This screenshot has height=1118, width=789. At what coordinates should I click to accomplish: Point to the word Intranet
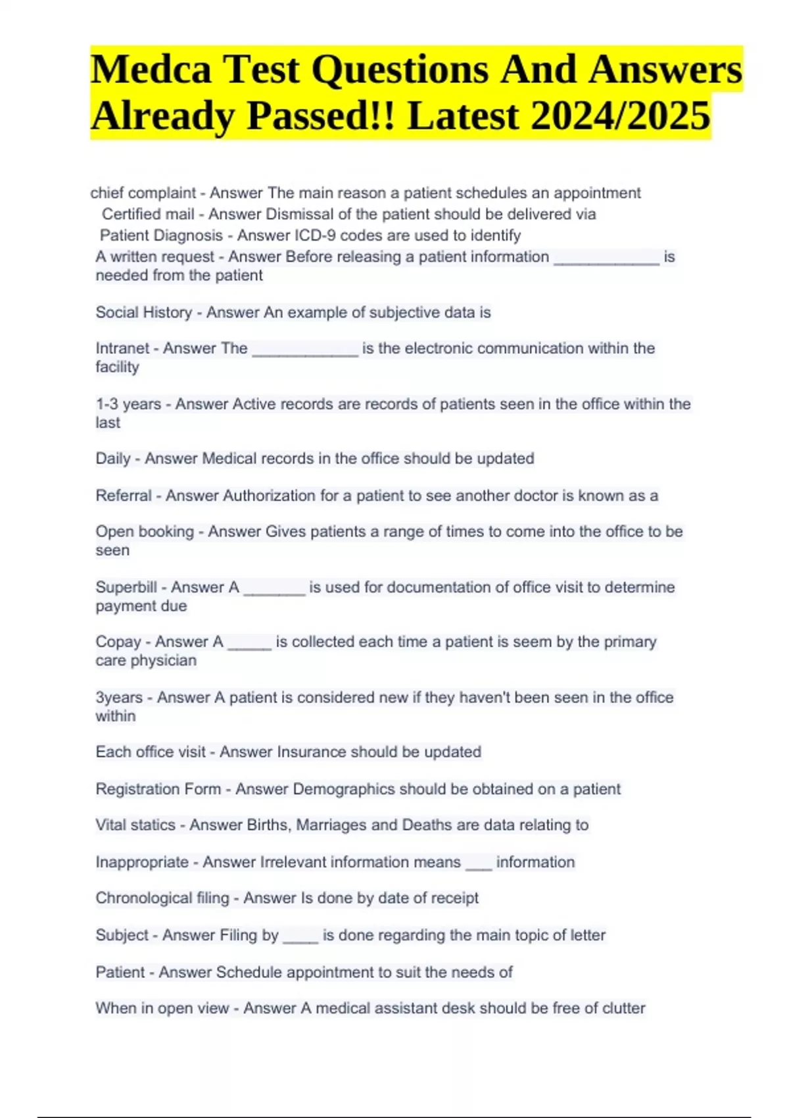[x=122, y=349]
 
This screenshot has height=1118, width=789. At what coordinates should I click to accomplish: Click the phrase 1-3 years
[x=128, y=404]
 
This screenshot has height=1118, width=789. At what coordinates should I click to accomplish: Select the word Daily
[x=112, y=458]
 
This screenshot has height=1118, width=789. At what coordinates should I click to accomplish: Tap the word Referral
[x=123, y=496]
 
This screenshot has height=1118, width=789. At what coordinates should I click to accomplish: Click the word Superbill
[x=126, y=587]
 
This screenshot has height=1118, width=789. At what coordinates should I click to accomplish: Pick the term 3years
[x=118, y=697]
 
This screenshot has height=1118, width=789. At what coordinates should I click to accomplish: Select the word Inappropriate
[x=141, y=862]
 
